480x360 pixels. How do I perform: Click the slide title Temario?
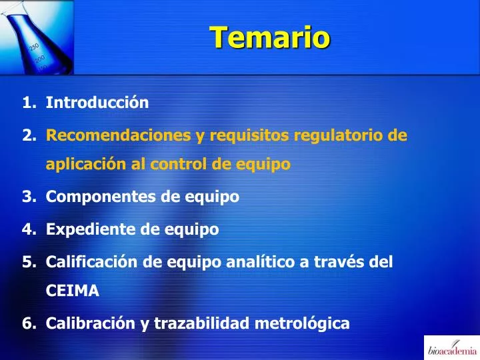[269, 37]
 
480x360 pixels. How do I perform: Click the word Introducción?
[97, 103]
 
